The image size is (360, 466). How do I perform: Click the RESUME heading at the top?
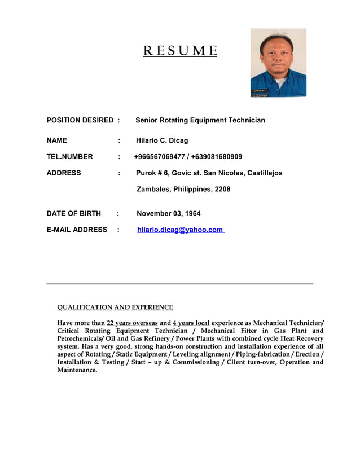[x=179, y=52]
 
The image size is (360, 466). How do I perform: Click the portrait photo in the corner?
[x=278, y=63]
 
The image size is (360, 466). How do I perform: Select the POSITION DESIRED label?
[x=80, y=120]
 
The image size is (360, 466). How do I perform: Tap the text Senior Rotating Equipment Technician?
[x=200, y=120]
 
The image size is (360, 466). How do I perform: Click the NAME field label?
[x=56, y=140]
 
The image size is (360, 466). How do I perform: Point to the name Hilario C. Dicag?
[x=162, y=140]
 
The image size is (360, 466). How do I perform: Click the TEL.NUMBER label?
[x=69, y=156]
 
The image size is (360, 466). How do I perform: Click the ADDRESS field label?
[x=63, y=173]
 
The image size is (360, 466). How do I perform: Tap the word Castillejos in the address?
[x=264, y=173]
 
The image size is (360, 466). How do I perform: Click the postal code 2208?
[x=222, y=189]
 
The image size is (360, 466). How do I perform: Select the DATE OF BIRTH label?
[x=73, y=213]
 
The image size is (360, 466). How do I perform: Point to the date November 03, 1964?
[x=169, y=213]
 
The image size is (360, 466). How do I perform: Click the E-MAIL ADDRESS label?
[x=77, y=230]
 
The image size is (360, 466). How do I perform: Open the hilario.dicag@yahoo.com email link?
[x=180, y=230]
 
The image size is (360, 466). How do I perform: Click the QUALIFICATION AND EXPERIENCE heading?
[x=115, y=307]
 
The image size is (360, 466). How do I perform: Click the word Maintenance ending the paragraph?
[x=77, y=370]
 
